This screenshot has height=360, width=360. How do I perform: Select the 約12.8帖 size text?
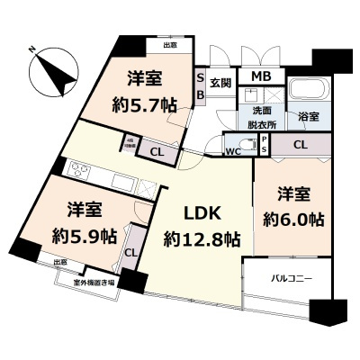(x=201, y=239)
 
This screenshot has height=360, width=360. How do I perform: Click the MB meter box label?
(x=263, y=78)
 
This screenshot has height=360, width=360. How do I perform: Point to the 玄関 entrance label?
(x=220, y=82)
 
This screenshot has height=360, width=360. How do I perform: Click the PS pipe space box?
(x=264, y=144)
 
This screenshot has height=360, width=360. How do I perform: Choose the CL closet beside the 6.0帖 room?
(x=301, y=144)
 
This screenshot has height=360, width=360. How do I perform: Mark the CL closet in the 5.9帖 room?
(x=131, y=253)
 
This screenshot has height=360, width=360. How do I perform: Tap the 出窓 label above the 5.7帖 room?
(x=169, y=43)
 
